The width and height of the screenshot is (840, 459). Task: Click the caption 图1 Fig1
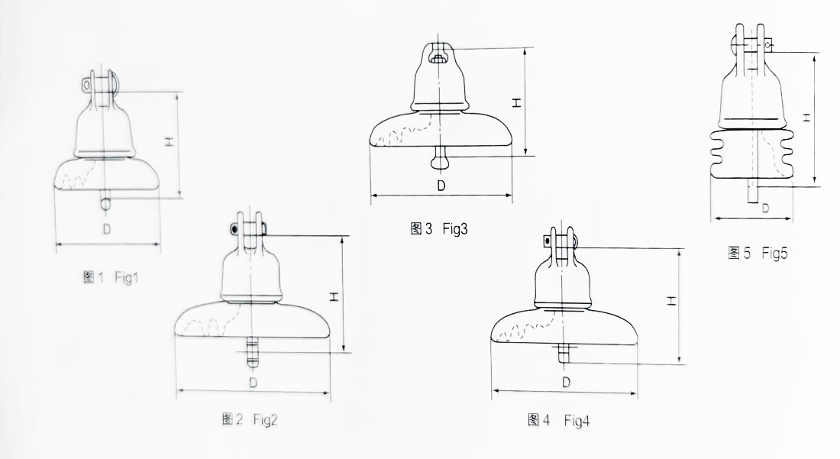point(114,278)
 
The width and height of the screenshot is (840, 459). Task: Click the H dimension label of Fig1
point(170,141)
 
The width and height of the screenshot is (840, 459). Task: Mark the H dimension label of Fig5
point(805,117)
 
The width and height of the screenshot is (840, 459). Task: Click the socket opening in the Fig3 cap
point(436,57)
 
